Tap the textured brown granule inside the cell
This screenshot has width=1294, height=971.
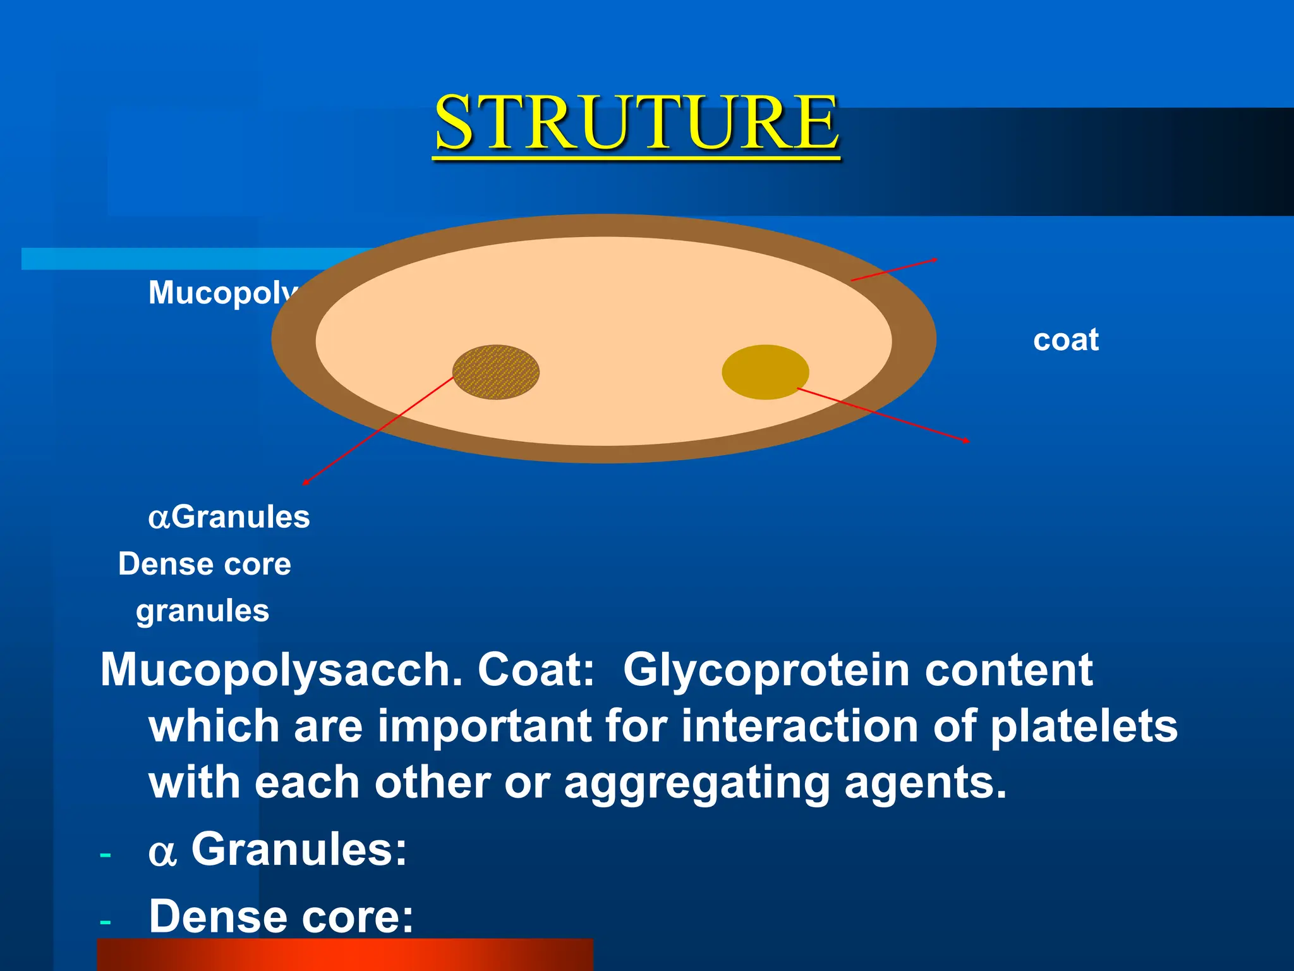pos(496,372)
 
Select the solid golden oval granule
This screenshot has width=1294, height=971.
pos(765,372)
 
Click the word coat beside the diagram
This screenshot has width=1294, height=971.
pos(1066,340)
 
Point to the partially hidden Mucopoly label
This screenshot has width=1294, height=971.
pos(221,293)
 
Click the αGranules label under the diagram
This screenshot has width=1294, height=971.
pos(229,517)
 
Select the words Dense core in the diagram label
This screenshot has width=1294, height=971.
pos(205,564)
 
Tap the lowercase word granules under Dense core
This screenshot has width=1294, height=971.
pos(202,611)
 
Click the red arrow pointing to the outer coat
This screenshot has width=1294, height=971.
pos(893,269)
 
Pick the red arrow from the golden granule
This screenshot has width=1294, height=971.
pos(885,415)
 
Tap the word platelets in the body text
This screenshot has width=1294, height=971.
pos(1083,726)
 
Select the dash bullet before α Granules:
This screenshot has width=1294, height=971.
pos(106,855)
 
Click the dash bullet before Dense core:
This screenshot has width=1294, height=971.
pos(106,922)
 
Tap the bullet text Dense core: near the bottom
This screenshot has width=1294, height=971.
pos(281,917)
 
